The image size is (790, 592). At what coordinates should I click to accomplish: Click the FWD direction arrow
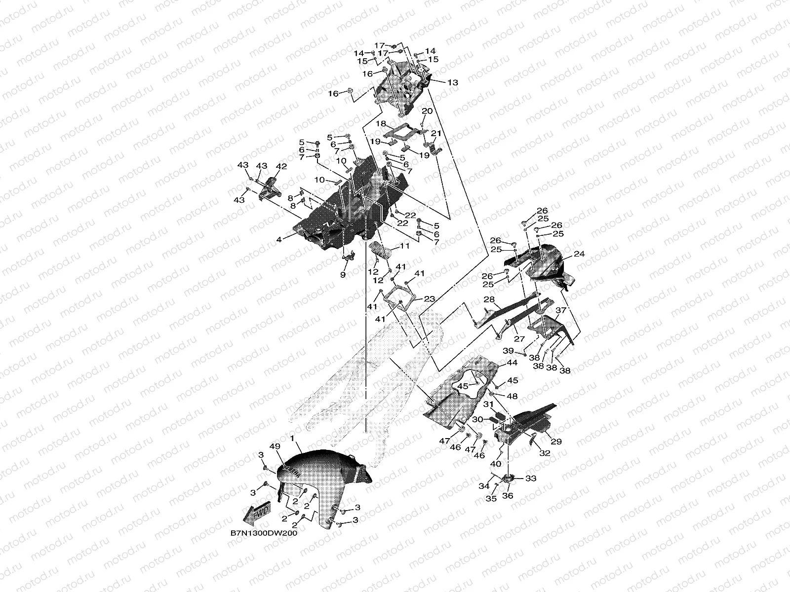coord(256,512)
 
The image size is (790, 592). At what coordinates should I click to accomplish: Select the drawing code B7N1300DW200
coord(264,533)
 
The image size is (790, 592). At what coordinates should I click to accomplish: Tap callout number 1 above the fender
coord(292,439)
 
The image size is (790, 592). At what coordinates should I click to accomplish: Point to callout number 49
coord(275,446)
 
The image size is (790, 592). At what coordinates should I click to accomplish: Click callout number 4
coord(279,239)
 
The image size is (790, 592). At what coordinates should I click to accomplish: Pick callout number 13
coord(452,82)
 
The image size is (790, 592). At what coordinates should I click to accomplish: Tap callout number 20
coord(427,111)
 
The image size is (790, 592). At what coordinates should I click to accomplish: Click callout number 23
coord(430,298)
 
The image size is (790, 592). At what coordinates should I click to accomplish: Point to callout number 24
coord(579,254)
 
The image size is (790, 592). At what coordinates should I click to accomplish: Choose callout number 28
coord(489,299)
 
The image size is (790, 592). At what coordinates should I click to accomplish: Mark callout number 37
coord(561,310)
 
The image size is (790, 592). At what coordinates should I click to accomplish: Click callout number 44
coord(512,363)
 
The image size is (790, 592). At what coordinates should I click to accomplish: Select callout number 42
coord(281,166)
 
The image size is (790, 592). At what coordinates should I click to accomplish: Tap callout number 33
coord(531,479)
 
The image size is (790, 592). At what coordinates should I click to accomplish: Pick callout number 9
coord(343,275)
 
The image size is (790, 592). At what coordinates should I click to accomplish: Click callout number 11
coord(405,246)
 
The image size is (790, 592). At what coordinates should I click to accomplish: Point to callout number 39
coord(508,350)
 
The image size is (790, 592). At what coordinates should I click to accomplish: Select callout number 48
coord(512,396)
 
